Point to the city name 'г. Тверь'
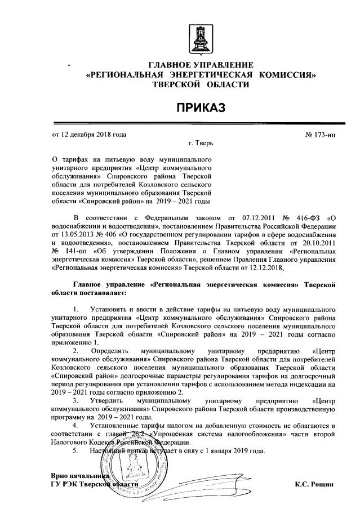pyautogui.click(x=202, y=144)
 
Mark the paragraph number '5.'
pyautogui.click(x=77, y=451)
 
